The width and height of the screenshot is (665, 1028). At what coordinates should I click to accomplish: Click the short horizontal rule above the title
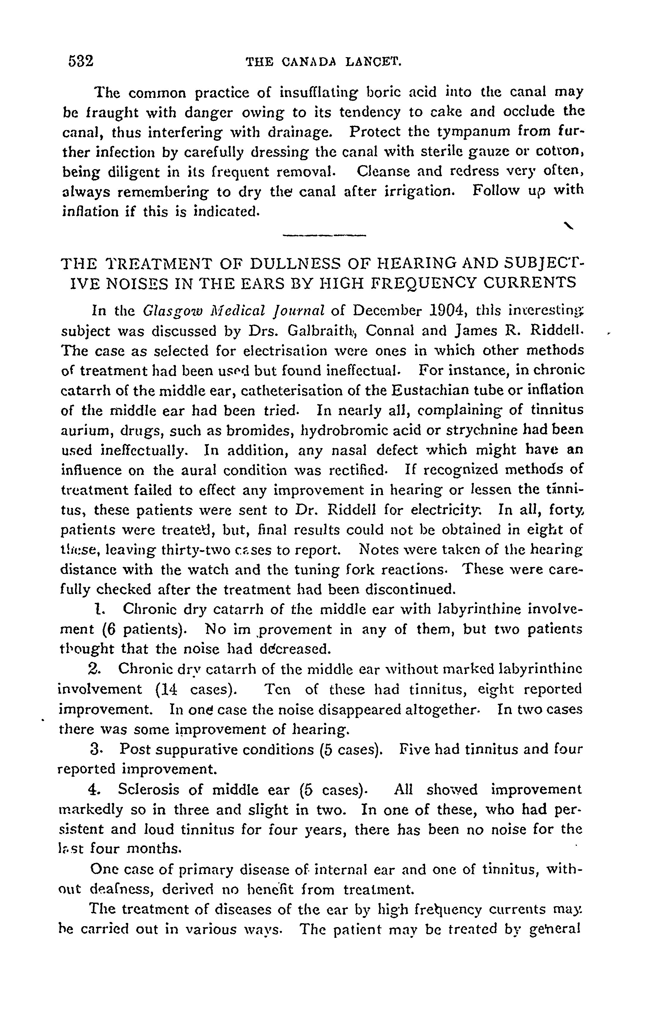coord(324,235)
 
